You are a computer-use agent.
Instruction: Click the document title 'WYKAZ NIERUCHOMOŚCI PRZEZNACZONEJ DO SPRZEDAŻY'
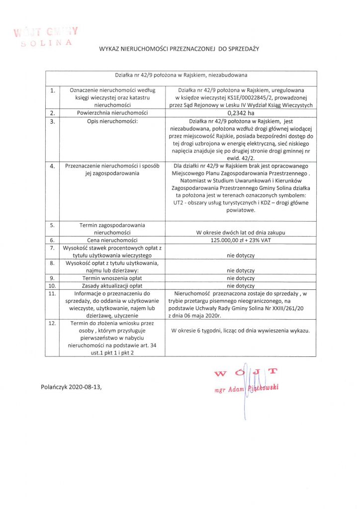(x=180, y=49)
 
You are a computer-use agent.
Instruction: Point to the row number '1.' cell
(x=52, y=90)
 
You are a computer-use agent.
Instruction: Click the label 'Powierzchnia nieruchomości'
(x=112, y=113)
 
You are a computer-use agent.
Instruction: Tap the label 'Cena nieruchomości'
(x=112, y=240)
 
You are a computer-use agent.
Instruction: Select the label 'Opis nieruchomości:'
(x=112, y=121)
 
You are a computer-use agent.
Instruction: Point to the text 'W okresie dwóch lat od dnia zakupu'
(x=241, y=233)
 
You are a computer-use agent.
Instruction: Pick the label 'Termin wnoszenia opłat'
(x=112, y=278)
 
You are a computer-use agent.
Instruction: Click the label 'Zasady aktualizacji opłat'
(x=112, y=286)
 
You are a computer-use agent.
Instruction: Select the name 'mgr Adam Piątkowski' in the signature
(x=245, y=389)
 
